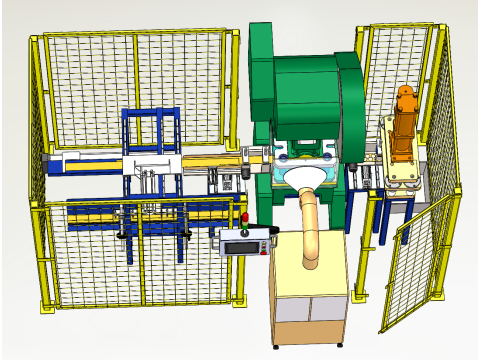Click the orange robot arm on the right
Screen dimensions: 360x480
coord(405,125)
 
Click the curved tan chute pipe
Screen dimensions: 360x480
coord(310,225)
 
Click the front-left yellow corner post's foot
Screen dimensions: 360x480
coord(44,303)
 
